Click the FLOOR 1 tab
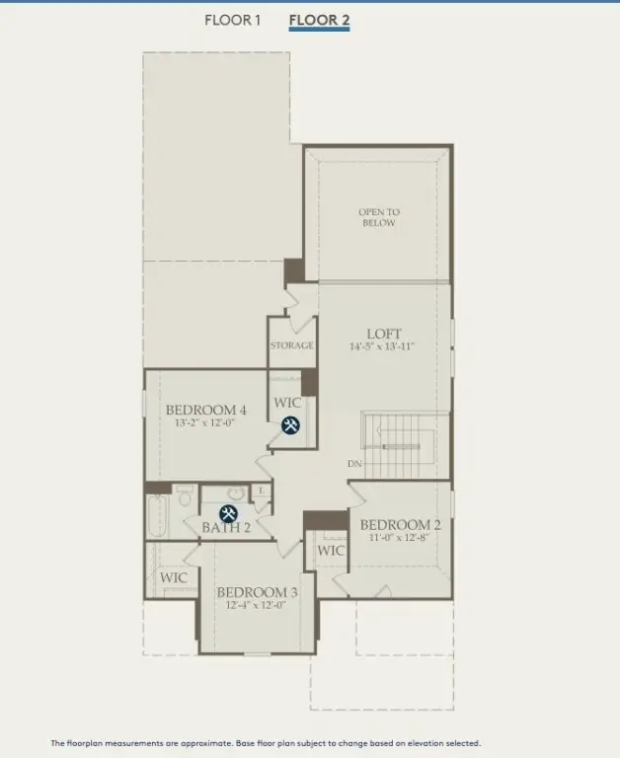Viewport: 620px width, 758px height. (232, 20)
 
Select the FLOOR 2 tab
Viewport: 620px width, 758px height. (319, 20)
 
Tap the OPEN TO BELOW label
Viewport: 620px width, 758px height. (378, 217)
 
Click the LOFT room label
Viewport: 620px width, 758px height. (384, 334)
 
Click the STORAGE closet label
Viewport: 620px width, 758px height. (292, 345)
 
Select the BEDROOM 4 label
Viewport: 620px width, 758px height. (205, 410)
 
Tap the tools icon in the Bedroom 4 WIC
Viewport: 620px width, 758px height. (291, 426)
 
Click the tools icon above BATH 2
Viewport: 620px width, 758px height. (228, 513)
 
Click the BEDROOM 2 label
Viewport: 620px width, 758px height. (400, 525)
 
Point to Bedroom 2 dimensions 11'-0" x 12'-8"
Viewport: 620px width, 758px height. (400, 539)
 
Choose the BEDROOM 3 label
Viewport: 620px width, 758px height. (257, 592)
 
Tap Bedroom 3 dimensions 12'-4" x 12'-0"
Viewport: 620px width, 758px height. (257, 606)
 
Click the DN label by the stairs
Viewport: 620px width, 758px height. (353, 463)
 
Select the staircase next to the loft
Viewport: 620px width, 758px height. (400, 443)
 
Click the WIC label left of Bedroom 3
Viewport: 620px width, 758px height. (174, 577)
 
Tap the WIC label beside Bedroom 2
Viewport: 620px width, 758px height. (332, 550)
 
